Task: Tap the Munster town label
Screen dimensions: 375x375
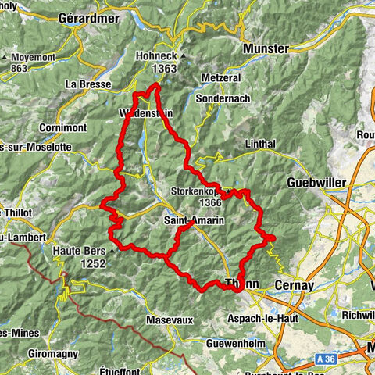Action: tap(266, 48)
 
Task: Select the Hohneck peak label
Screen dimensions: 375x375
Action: tap(156, 56)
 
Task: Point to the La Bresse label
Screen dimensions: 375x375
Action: tap(87, 84)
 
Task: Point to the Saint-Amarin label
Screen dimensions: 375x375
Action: tap(194, 221)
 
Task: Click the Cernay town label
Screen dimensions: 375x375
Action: tap(293, 286)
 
